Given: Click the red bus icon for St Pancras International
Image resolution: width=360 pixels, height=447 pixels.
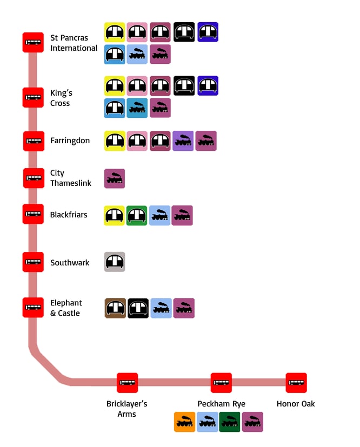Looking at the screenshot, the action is click(x=33, y=43).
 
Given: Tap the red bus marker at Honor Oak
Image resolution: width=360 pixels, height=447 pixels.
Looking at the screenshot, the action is click(x=296, y=383).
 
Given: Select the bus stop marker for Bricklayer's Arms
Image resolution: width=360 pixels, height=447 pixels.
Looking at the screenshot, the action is click(x=127, y=383).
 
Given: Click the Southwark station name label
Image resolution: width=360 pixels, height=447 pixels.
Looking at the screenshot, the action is click(x=70, y=263).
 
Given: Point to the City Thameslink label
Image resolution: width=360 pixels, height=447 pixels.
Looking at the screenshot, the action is click(x=71, y=178).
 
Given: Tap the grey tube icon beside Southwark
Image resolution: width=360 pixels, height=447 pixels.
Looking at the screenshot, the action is click(x=115, y=262).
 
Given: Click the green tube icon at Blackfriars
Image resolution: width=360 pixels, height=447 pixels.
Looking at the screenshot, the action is click(x=137, y=216).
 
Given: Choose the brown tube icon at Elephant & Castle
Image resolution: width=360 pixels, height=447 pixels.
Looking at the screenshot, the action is click(x=115, y=308).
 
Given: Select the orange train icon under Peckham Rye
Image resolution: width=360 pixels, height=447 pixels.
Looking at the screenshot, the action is click(x=185, y=422).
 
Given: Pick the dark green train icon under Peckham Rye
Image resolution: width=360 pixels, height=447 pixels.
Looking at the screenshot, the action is click(x=230, y=422).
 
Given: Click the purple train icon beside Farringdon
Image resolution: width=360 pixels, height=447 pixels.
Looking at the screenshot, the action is click(x=183, y=141).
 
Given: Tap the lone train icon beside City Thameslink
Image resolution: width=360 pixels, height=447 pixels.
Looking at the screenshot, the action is click(x=115, y=178).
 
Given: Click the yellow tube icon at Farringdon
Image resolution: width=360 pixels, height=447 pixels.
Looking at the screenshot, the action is click(x=115, y=141).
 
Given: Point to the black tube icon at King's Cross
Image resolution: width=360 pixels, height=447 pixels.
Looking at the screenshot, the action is click(x=184, y=85).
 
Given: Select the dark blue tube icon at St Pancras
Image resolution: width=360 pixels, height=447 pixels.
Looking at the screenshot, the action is click(x=208, y=32).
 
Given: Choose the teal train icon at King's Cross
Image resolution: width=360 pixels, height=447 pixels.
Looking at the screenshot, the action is click(x=137, y=108).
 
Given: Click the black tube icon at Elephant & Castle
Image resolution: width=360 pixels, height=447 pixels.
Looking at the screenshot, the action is click(x=138, y=308).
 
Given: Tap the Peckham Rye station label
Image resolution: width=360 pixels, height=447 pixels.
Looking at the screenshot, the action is click(x=221, y=404).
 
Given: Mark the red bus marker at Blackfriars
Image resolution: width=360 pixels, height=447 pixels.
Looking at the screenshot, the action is click(x=33, y=214).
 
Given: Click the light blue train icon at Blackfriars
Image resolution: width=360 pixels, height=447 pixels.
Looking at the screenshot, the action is click(x=159, y=216).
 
